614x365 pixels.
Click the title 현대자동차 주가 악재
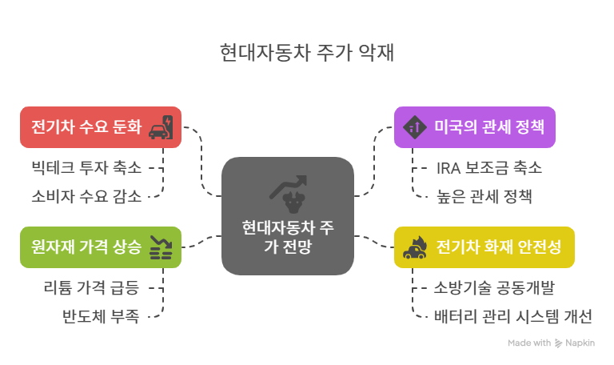tap(306, 54)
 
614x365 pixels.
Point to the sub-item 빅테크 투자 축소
tap(86, 168)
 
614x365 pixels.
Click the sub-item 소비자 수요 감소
tap(86, 195)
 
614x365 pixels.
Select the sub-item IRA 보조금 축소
tap(488, 168)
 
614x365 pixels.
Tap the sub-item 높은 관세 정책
tap(484, 195)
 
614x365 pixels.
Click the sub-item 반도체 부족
tap(100, 315)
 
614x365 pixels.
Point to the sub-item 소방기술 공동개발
tap(494, 288)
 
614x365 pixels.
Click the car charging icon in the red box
tap(162, 127)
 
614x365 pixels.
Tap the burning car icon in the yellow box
tap(414, 247)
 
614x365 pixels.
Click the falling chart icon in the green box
tap(161, 247)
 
